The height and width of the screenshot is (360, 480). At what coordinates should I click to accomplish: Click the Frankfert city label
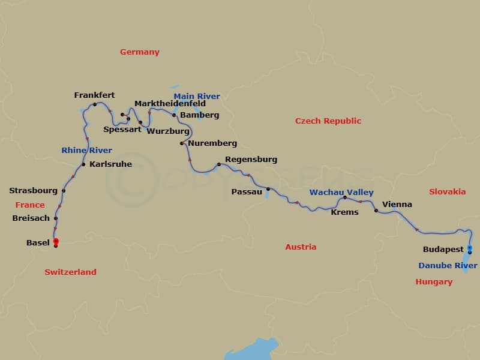pos(94,95)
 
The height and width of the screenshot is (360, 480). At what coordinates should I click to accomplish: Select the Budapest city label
pos(443,248)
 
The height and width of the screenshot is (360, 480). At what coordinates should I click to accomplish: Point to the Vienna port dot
pos(376,211)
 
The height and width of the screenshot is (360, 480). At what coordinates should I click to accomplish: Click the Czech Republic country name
pos(328,121)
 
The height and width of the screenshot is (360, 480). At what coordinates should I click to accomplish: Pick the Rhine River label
pos(86,151)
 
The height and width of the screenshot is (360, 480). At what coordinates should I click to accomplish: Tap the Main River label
pos(197,97)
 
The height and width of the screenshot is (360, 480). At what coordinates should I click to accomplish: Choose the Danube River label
pos(448,266)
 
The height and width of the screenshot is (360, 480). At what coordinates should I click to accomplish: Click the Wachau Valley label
pos(341,193)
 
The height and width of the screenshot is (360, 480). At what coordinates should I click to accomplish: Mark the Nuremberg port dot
pos(182,143)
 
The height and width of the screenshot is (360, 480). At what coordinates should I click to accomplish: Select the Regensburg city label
pos(251,160)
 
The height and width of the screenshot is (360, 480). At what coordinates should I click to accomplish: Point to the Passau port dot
pos(268,189)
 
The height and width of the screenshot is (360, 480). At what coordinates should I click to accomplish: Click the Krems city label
pos(344,212)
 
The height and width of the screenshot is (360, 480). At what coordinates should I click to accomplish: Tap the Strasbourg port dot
pos(64,191)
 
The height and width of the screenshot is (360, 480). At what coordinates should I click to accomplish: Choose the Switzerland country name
pos(70,272)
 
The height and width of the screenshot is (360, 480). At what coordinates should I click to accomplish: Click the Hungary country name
pos(434,282)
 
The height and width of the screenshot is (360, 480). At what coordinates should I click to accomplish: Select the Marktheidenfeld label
pos(170,104)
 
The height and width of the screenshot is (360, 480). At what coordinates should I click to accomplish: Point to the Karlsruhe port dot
pos(83,164)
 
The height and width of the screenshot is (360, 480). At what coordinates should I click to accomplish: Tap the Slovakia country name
pos(447,192)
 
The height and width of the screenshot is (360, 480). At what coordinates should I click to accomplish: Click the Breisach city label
pos(31,218)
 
